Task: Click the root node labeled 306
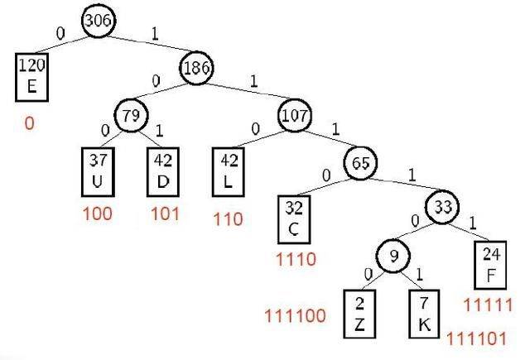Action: [x=99, y=20]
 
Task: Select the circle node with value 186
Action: [x=196, y=68]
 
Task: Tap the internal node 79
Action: [x=131, y=115]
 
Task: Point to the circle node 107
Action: [x=295, y=115]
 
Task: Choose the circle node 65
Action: [x=360, y=163]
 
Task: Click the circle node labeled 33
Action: [x=443, y=207]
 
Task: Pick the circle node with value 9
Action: [x=393, y=256]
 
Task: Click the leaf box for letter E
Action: [x=31, y=77]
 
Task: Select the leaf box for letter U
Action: [x=98, y=172]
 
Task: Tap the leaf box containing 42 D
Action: [x=163, y=172]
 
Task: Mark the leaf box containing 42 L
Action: [x=229, y=172]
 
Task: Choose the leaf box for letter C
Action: [x=294, y=219]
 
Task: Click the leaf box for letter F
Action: [x=490, y=265]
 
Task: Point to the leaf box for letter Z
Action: [x=359, y=314]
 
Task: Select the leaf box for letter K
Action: [x=424, y=314]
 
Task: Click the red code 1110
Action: [x=296, y=259]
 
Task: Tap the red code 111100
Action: [x=296, y=315]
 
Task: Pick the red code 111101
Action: [x=477, y=338]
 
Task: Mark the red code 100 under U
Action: [x=98, y=214]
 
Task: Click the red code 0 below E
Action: [x=30, y=123]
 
